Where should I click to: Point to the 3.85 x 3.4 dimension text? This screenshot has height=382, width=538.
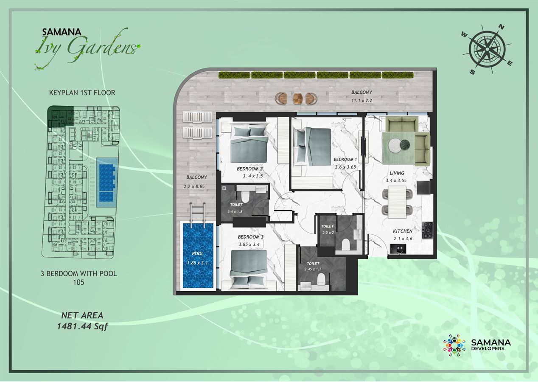click(x=251, y=244)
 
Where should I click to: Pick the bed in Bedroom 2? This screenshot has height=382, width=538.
click(x=249, y=143)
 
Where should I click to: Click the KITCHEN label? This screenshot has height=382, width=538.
click(x=402, y=231)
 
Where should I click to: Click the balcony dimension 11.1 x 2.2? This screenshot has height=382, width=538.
click(x=361, y=101)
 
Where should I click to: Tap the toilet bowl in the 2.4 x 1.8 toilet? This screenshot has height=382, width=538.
click(x=245, y=197)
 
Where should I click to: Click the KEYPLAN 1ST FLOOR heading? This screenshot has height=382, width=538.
click(x=82, y=92)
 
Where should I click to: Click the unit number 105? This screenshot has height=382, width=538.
click(x=78, y=282)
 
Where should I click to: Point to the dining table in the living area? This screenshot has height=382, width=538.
click(x=398, y=202)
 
